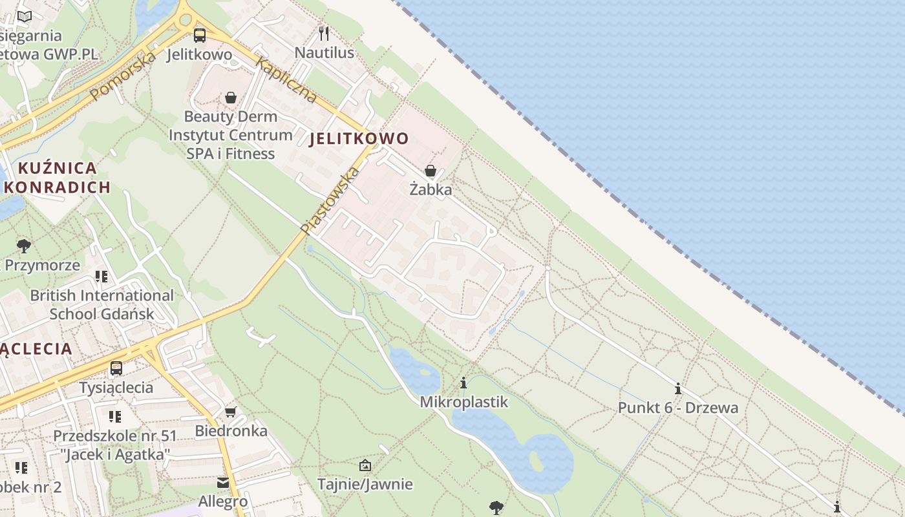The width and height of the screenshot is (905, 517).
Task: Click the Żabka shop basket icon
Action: coord(431,171)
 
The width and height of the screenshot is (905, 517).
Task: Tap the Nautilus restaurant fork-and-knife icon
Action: coord(324,34)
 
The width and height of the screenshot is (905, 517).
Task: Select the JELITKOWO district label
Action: coord(359,138)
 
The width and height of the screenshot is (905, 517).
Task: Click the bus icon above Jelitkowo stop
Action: coord(199,36)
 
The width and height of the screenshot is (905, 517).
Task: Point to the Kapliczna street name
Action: coord(286,81)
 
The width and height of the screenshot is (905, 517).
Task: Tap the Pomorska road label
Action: coord(123,76)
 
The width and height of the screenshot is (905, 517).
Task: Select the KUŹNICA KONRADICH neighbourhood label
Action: coord(58,178)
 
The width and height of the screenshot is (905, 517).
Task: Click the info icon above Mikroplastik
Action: coord(463,383)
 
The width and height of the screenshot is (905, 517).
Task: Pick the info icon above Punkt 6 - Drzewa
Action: coord(678,389)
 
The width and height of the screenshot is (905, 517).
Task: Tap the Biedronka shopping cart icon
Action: coord(230,412)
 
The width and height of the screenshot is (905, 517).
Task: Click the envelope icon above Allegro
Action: coord(223,483)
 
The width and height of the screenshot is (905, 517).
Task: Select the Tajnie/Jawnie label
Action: coord(365,484)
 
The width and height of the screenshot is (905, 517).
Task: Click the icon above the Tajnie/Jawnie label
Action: coord(365,465)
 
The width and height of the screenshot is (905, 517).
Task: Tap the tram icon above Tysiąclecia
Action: coord(116,368)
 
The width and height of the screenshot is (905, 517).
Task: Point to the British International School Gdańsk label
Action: coord(102,304)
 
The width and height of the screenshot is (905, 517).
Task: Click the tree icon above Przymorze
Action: coord(24,246)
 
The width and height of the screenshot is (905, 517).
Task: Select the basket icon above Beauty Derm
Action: coord(231,98)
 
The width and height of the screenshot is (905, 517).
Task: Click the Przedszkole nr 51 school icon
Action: coord(114,417)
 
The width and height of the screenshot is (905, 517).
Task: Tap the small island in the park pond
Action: coord(536,461)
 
